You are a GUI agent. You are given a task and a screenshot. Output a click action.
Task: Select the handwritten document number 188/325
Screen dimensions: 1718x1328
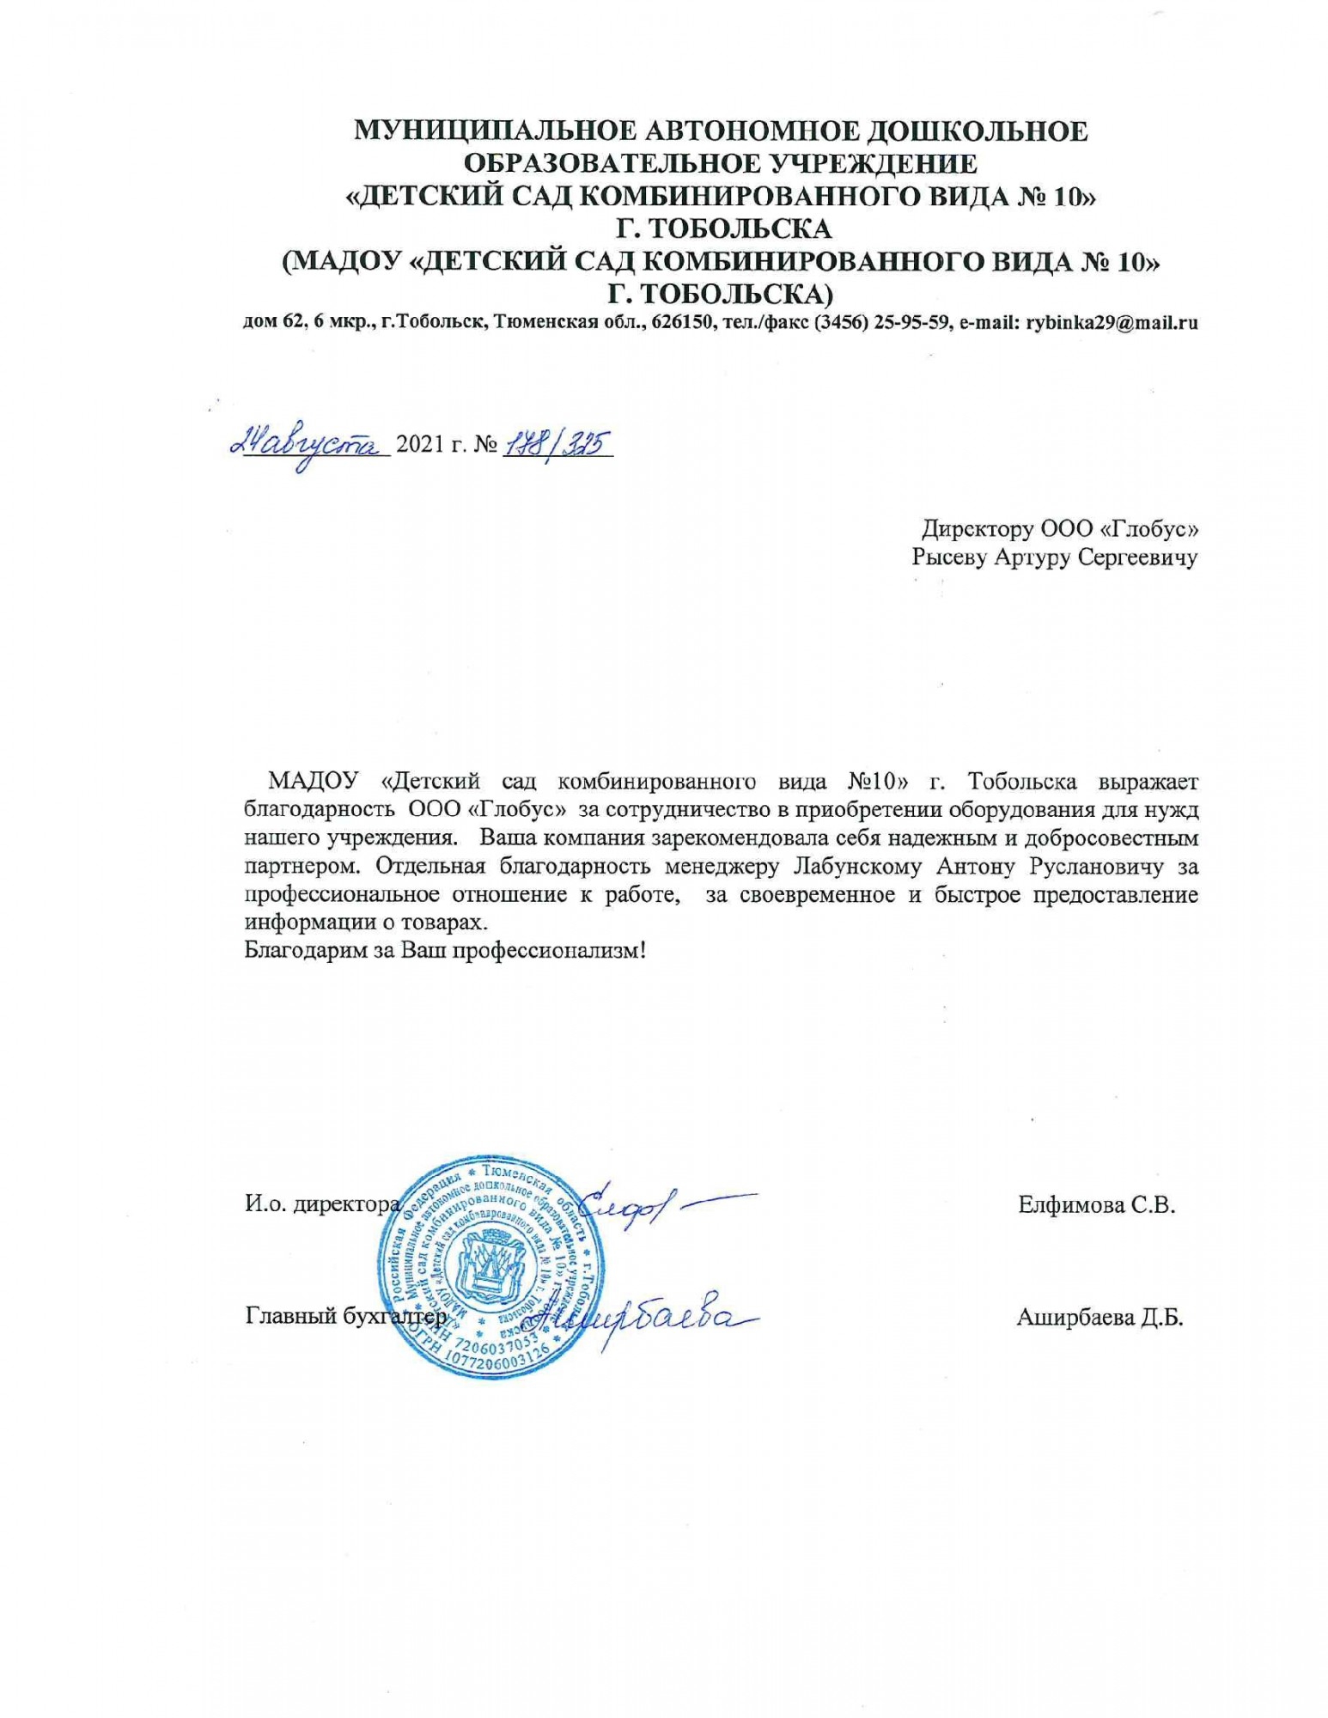tap(555, 443)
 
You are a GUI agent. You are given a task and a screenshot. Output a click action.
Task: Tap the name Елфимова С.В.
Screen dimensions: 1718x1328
tap(1096, 1204)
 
